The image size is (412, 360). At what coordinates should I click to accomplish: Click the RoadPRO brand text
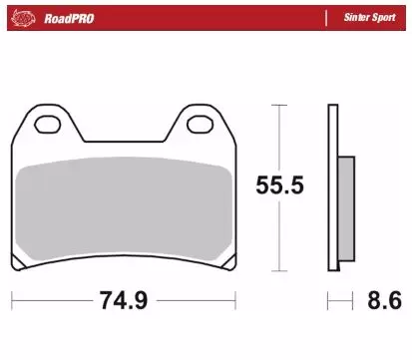(69, 19)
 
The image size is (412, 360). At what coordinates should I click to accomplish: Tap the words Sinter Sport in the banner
(370, 17)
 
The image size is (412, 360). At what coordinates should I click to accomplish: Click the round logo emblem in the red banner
(23, 18)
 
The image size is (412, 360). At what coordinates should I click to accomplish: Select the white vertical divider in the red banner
(326, 18)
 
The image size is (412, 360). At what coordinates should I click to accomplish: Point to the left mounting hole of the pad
(48, 125)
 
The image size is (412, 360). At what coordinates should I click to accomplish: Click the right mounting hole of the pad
(200, 125)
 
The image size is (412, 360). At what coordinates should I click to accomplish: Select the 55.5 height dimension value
(279, 185)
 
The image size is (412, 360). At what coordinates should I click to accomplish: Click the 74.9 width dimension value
(124, 300)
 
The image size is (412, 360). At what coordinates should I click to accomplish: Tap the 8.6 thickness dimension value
(384, 300)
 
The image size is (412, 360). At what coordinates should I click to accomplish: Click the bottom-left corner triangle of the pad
(17, 263)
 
